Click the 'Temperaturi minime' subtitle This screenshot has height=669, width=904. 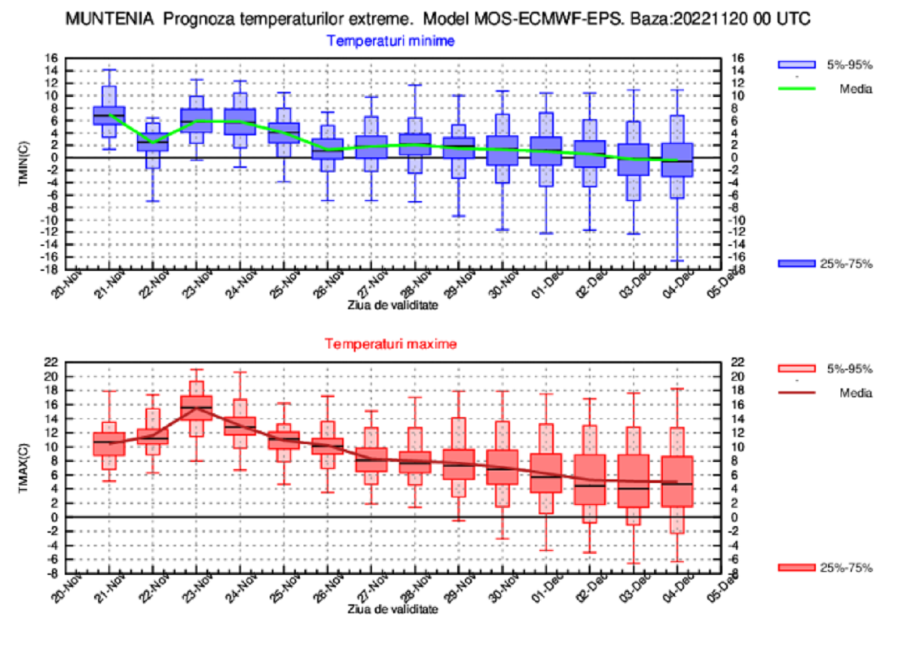click(389, 41)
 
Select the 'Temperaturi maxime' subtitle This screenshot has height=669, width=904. click(391, 344)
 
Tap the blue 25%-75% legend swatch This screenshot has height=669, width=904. click(796, 263)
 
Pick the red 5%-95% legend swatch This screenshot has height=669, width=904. click(796, 369)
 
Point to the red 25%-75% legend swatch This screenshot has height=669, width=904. click(796, 567)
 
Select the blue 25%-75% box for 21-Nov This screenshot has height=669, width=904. click(109, 115)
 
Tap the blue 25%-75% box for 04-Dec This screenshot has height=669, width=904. click(676, 160)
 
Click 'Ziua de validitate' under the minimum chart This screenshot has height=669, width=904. click(392, 305)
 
